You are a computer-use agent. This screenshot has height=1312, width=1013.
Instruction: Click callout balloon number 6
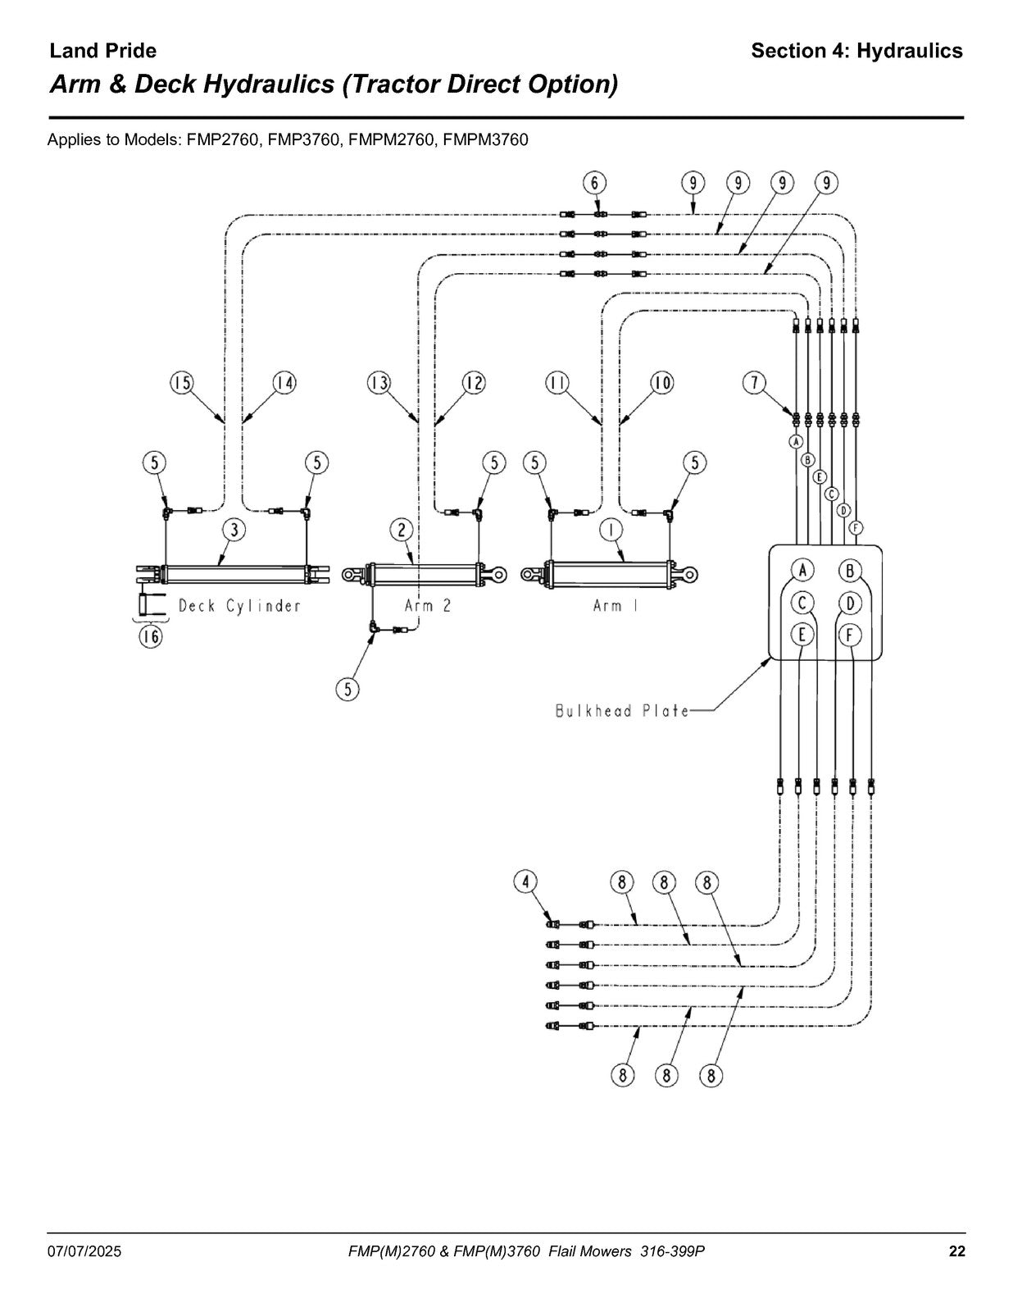tap(594, 183)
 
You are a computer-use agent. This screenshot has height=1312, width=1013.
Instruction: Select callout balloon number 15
tap(181, 383)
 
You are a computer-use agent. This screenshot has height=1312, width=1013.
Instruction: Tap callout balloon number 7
tap(754, 383)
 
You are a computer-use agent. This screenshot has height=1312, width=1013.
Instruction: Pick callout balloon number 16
tap(151, 636)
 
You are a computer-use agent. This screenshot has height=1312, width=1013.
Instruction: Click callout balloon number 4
tap(525, 882)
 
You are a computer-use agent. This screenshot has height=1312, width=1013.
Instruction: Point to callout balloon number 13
tap(379, 383)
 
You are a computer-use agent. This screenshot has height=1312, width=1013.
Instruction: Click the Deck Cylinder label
tap(239, 606)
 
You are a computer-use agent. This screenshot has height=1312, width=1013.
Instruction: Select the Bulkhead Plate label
tap(622, 711)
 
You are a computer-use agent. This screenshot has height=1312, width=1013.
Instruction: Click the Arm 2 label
tap(428, 606)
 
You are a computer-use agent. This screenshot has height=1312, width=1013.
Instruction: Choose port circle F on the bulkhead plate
tap(850, 635)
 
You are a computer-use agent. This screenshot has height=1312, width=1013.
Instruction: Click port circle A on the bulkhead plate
tap(802, 570)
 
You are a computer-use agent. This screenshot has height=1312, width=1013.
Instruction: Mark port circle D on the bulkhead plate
tap(850, 603)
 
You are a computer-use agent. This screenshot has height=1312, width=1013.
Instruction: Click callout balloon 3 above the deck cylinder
tap(234, 530)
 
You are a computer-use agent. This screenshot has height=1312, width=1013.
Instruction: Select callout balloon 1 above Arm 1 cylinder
tap(611, 530)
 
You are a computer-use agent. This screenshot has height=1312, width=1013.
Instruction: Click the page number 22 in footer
tap(957, 1251)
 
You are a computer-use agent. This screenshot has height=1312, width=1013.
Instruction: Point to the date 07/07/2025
tap(84, 1251)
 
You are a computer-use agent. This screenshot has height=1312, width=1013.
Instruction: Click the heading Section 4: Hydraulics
tap(856, 51)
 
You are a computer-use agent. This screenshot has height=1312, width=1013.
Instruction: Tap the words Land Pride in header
tap(102, 51)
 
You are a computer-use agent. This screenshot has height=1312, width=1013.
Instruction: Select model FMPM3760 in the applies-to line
tap(485, 139)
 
